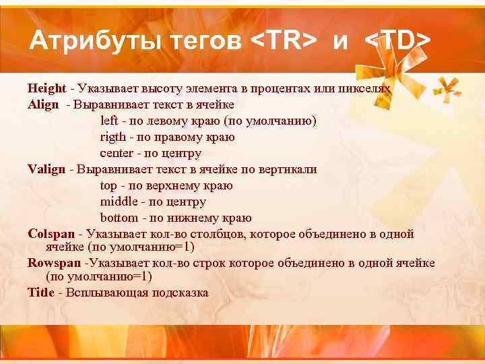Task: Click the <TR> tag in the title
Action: coord(284,42)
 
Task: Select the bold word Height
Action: coord(46,88)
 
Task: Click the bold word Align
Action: coord(42,104)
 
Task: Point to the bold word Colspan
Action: coord(51,234)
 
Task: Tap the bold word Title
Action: coord(41,293)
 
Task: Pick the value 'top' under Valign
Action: coord(108,186)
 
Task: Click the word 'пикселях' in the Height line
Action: coord(366,88)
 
